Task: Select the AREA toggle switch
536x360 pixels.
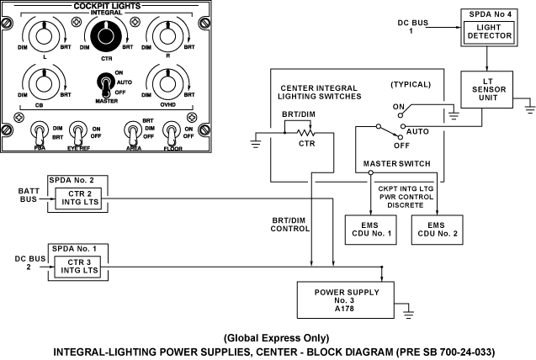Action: click(x=132, y=132)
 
